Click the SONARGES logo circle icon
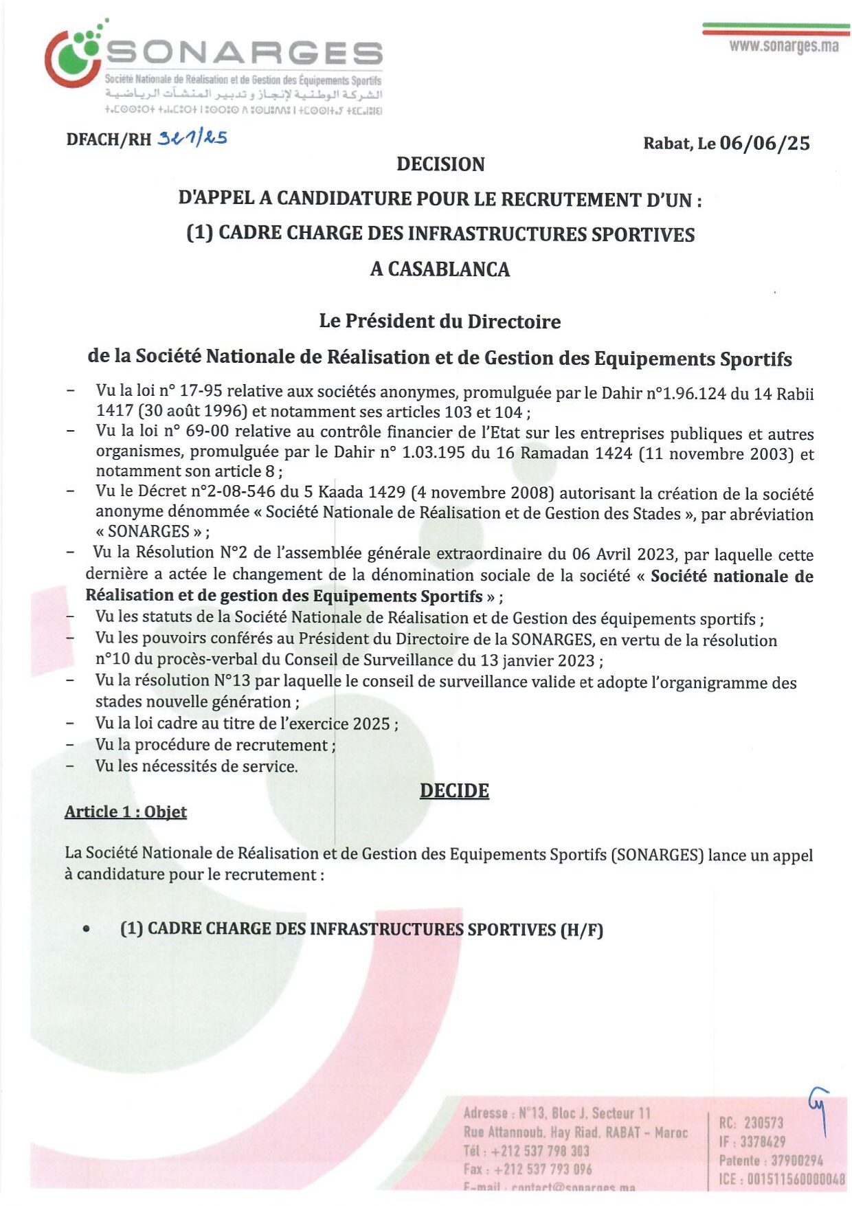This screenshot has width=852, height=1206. tap(73, 58)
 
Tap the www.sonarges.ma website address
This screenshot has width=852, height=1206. tap(783, 46)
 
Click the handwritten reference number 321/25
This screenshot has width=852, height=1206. tap(192, 138)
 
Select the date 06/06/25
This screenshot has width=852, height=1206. tap(765, 143)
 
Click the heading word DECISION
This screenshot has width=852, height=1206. tap(440, 164)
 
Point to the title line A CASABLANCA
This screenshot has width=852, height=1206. tap(440, 269)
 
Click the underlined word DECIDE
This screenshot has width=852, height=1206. tap(454, 790)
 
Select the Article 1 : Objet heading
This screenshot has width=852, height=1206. tap(126, 812)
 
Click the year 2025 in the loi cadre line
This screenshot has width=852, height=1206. tap(371, 724)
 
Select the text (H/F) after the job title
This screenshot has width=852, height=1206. tap(581, 930)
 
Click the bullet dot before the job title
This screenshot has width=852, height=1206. tap(86, 929)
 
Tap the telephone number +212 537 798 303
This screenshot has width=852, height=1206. tap(540, 1151)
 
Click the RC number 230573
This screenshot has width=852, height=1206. tap(763, 1123)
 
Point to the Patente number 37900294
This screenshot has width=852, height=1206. tap(796, 1161)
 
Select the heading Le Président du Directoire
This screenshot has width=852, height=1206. tap(440, 321)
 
